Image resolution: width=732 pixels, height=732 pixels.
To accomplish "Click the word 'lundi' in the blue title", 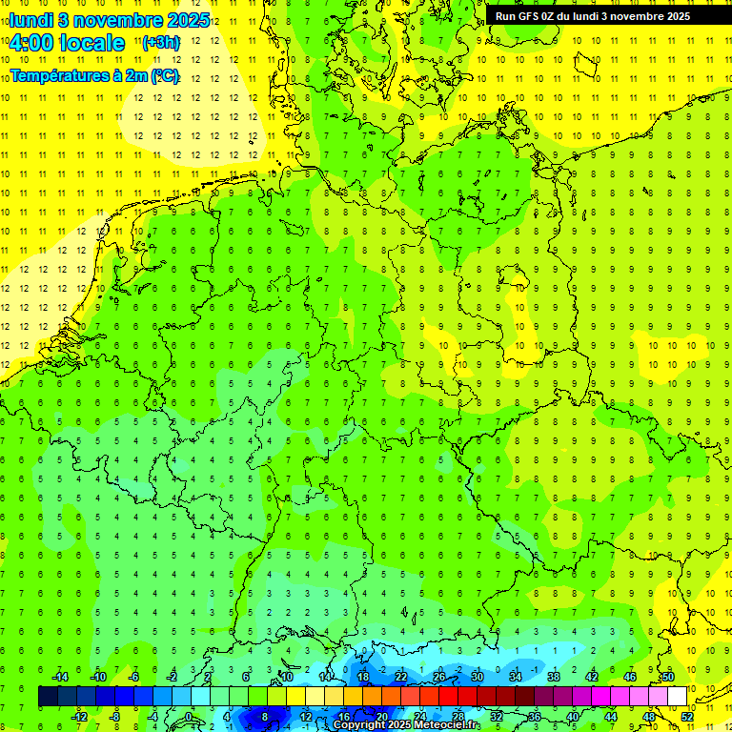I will [x=30, y=19].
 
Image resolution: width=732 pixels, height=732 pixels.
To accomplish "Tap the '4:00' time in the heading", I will [x=31, y=43].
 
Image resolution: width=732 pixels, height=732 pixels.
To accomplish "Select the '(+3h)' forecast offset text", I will [x=160, y=43].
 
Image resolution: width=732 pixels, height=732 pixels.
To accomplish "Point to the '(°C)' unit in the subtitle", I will [x=163, y=75].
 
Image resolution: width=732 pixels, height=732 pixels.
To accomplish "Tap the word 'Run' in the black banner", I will [x=505, y=16].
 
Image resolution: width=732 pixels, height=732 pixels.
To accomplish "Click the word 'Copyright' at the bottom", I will [x=359, y=725].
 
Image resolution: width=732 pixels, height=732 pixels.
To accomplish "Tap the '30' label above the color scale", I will [x=478, y=677].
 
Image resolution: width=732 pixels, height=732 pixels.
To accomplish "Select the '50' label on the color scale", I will [x=668, y=677].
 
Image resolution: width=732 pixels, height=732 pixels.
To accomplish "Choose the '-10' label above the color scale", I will [x=96, y=677].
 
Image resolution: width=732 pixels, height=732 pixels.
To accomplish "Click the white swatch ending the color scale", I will [x=677, y=697].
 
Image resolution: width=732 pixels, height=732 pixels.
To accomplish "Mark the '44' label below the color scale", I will [x=611, y=717].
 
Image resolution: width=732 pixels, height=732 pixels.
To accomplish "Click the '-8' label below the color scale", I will [x=115, y=717].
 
